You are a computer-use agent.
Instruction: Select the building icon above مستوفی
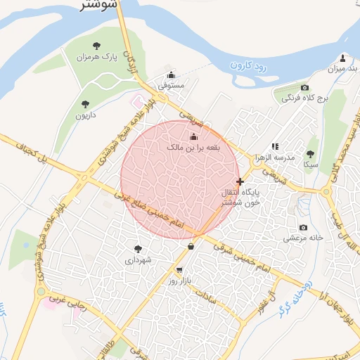pos(171,75)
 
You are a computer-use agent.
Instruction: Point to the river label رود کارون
pos(250,67)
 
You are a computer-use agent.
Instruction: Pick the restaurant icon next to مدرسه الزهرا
pos(275,146)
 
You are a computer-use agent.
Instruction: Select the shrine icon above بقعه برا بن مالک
pos(194,136)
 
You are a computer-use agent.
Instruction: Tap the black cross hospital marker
pos(240,181)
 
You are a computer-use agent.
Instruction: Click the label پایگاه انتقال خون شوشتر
pos(240,196)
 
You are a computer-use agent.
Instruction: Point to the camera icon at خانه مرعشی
pos(303,227)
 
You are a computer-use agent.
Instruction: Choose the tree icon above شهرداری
pos(138,248)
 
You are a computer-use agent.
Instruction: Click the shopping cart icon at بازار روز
pos(180,270)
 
